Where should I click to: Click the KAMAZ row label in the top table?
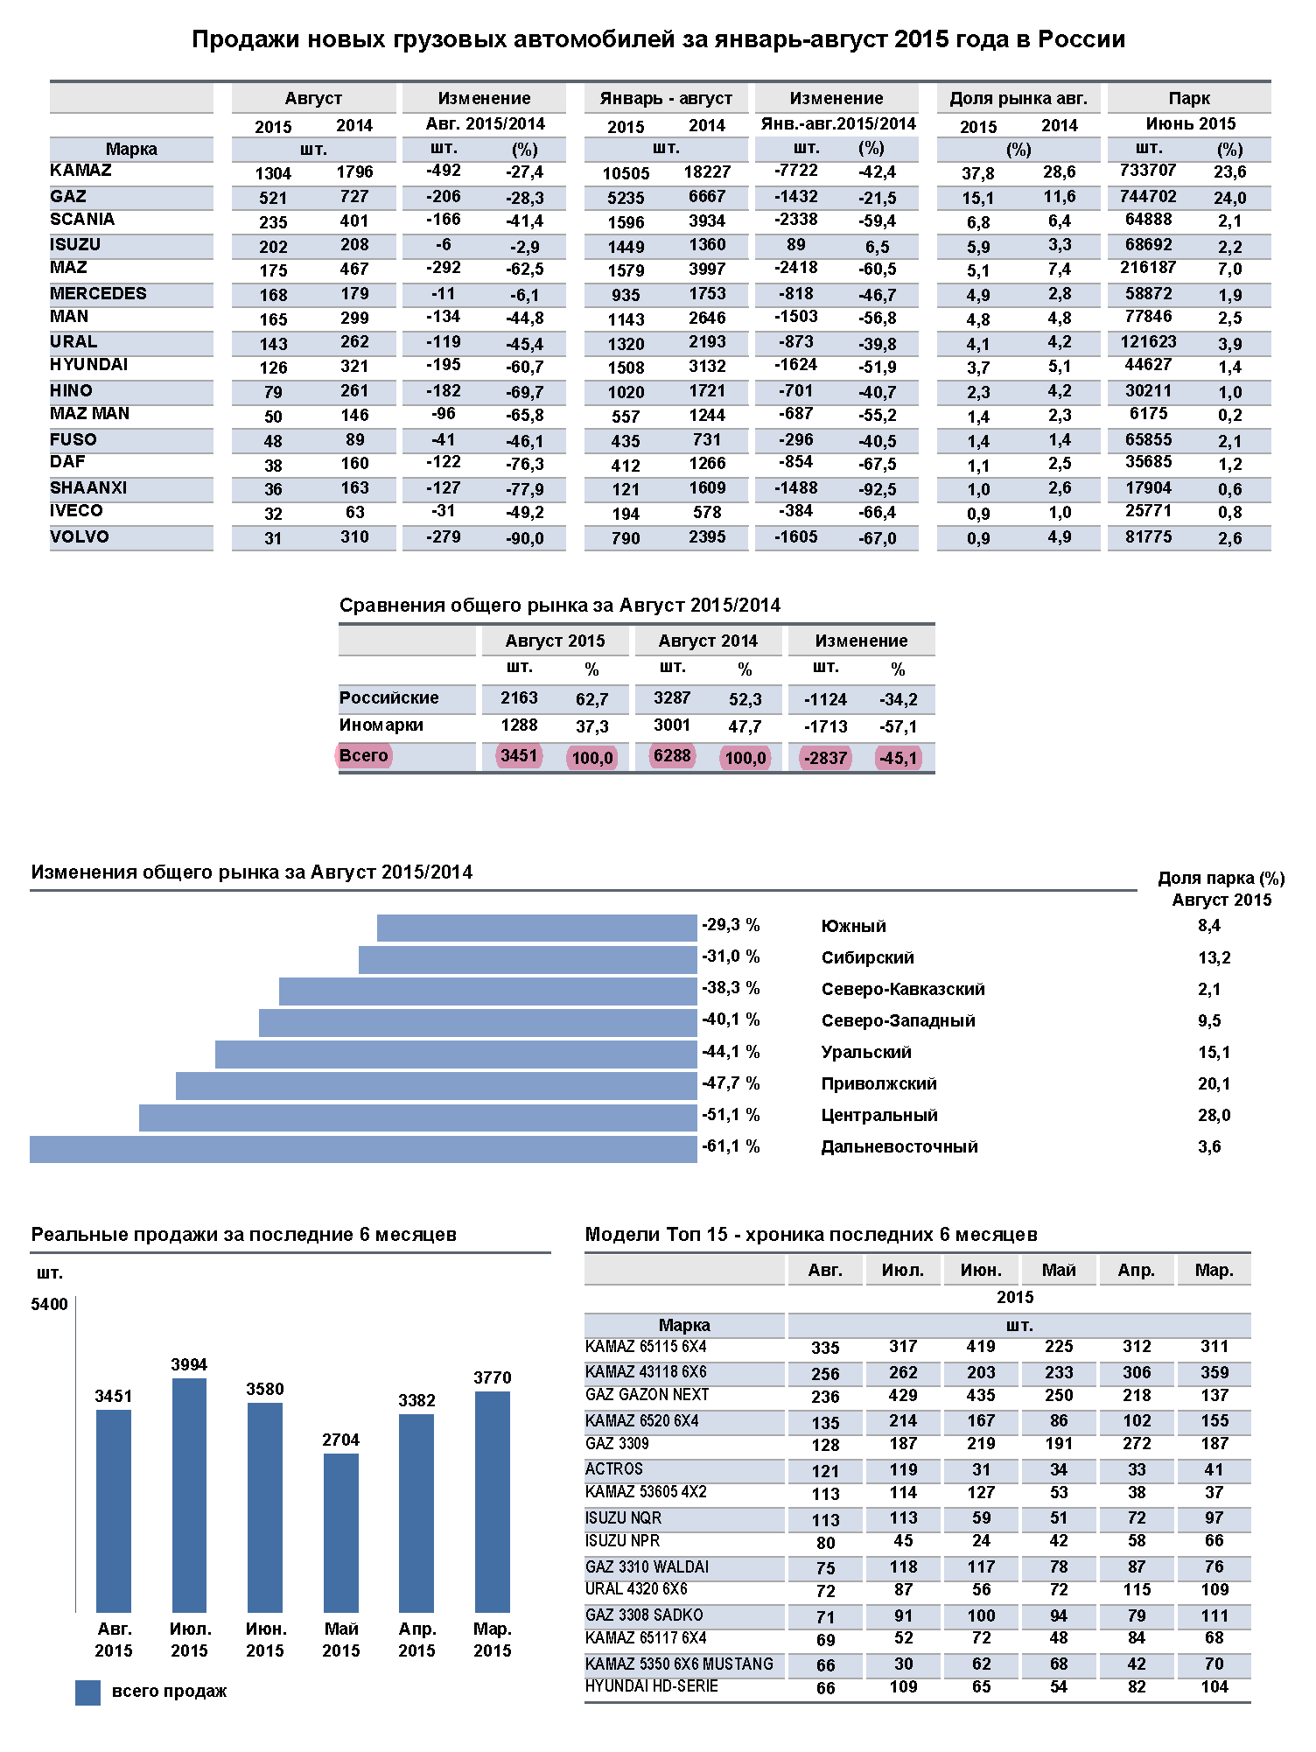point(81,171)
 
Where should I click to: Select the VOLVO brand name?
point(80,536)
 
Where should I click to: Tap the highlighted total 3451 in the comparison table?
point(519,755)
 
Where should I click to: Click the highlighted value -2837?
point(825,758)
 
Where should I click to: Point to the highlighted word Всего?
point(364,755)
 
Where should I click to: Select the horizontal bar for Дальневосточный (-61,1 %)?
point(363,1149)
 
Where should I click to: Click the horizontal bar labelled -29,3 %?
point(536,928)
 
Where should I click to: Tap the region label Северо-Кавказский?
point(903,989)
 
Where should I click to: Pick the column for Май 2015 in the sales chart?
point(340,1532)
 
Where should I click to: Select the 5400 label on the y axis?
point(49,1304)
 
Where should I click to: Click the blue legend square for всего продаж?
point(87,1692)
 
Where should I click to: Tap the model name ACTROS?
point(614,1468)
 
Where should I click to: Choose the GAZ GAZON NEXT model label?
point(647,1395)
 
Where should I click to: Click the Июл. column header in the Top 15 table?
point(903,1270)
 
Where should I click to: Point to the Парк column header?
point(1189,98)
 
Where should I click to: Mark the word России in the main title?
point(1081,39)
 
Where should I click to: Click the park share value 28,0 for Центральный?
point(1214,1115)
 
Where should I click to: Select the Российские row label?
point(389,697)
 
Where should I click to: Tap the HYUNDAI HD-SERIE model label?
point(652,1685)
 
